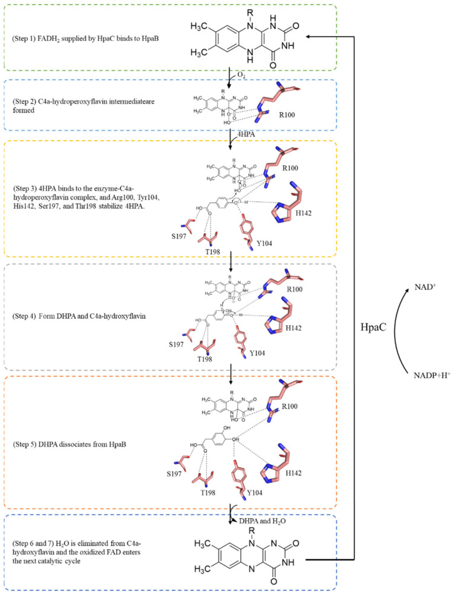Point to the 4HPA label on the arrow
pos(243,134)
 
